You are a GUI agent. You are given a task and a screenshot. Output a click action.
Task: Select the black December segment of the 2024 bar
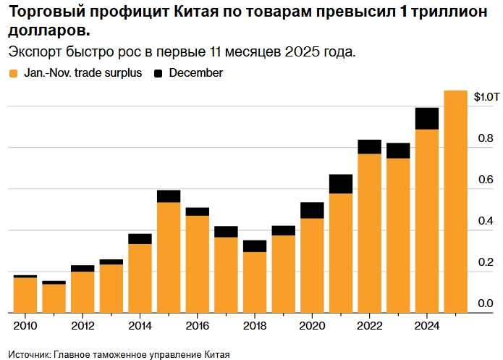tap(427, 118)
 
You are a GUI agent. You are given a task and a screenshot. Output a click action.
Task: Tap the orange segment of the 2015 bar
tap(169, 257)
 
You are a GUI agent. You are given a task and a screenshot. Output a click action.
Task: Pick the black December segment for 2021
tap(341, 184)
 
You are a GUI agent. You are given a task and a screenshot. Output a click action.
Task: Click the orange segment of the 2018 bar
tap(255, 282)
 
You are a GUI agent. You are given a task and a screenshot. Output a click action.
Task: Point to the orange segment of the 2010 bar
tap(25, 295)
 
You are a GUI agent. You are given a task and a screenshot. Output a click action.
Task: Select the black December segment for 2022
tap(369, 146)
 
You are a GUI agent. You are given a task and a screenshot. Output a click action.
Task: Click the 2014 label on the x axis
tap(140, 325)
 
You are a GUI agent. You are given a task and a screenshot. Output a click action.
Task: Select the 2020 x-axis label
tap(312, 325)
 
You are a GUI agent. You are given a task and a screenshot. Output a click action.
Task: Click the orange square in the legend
tap(12, 73)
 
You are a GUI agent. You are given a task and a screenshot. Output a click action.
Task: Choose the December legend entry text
tap(195, 73)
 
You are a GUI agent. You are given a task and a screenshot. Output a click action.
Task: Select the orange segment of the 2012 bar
tap(83, 292)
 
